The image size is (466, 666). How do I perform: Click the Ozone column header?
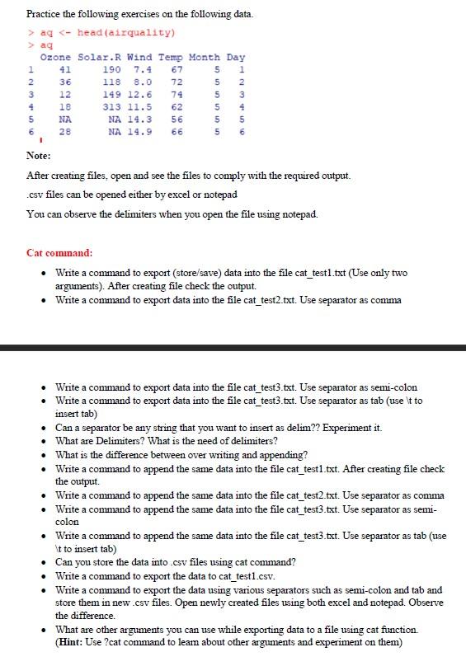coord(56,58)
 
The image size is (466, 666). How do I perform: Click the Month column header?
coord(204,58)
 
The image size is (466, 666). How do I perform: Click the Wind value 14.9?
coord(141,132)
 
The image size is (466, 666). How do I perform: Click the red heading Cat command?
coord(59,252)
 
